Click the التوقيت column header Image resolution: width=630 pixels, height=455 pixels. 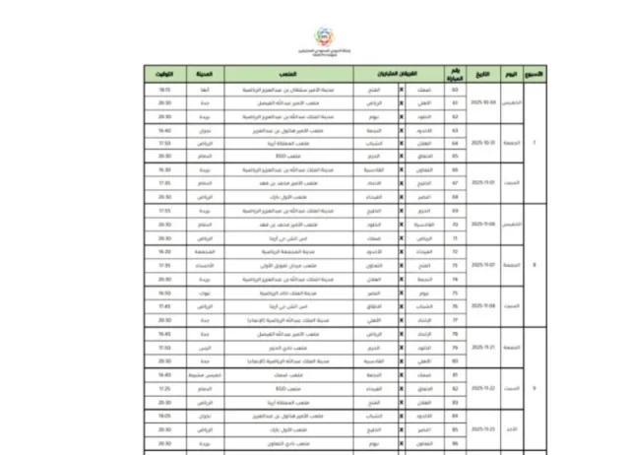tap(164, 74)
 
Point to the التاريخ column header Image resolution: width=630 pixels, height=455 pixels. tap(482, 74)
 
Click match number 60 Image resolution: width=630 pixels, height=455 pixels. tap(455, 89)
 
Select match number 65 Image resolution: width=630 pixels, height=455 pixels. tap(455, 156)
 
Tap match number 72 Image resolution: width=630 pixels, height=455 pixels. tap(455, 252)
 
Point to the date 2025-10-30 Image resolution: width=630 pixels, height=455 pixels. tap(482, 101)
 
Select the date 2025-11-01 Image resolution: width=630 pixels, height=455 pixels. tap(482, 182)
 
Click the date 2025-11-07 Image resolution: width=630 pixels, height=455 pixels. tap(482, 265)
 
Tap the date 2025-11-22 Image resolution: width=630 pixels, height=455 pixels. tap(482, 388)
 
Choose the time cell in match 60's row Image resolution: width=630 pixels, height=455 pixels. tap(164, 89)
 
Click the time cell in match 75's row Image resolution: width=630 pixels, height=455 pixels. tap(164, 292)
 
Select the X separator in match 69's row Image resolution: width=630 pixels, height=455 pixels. tap(401, 211)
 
